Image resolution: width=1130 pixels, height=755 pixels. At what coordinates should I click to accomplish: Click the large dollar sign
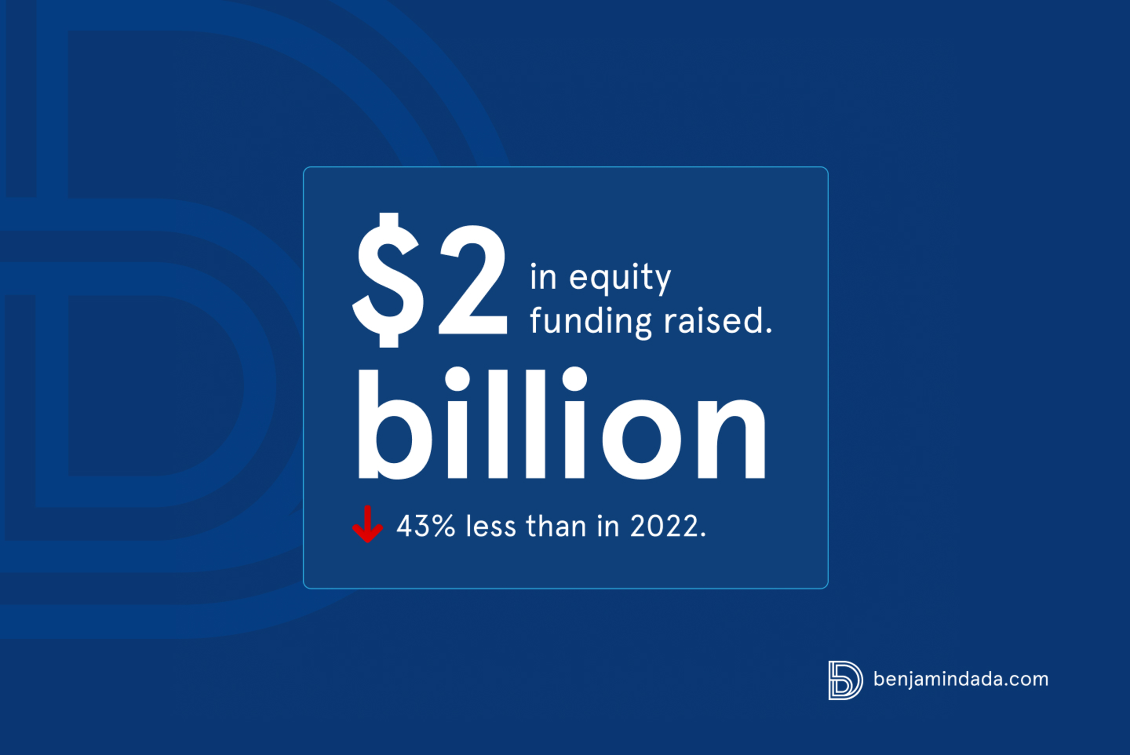click(x=389, y=280)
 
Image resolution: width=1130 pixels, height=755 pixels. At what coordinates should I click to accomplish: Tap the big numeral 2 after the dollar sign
click(x=473, y=280)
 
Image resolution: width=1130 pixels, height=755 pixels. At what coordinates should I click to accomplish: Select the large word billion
click(x=562, y=424)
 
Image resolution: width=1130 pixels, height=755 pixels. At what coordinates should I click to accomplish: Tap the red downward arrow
click(x=367, y=524)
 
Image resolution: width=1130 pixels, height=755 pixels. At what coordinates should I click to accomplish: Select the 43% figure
click(x=426, y=526)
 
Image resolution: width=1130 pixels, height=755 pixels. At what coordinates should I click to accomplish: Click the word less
click(x=491, y=526)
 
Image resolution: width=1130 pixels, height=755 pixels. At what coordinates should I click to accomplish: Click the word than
click(x=556, y=526)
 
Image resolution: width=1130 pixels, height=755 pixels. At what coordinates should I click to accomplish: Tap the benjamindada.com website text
click(x=961, y=679)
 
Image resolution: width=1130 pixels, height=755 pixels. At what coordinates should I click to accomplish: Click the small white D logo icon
click(x=845, y=680)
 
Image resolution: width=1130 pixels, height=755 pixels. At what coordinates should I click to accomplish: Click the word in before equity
click(x=543, y=277)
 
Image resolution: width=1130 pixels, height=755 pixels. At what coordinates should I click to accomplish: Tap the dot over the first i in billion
click(x=457, y=379)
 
